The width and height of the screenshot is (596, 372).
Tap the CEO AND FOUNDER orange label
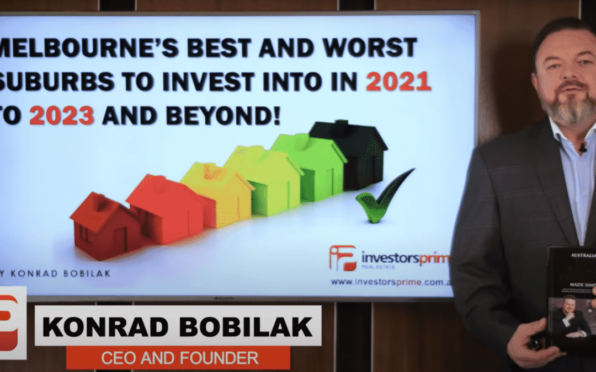180,358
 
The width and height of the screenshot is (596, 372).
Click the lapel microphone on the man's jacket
582,148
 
